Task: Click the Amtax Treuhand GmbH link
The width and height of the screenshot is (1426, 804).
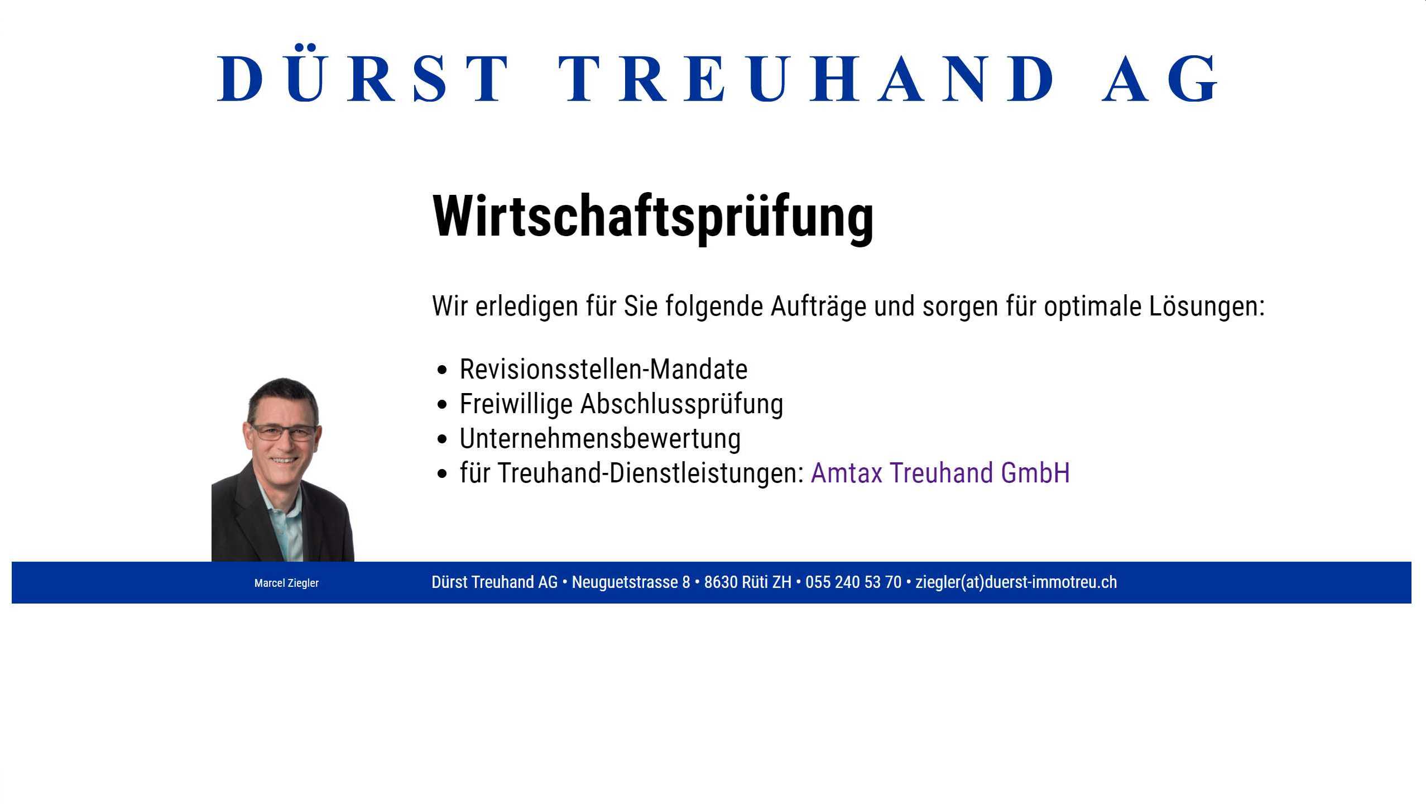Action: (x=940, y=473)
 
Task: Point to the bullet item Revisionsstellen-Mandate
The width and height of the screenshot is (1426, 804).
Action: (x=603, y=369)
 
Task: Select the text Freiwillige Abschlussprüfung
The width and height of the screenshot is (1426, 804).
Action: (x=621, y=404)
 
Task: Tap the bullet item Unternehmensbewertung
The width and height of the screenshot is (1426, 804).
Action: (x=600, y=439)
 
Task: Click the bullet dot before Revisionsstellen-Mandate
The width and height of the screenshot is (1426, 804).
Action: (x=443, y=370)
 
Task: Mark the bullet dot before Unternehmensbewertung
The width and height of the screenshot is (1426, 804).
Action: (x=443, y=439)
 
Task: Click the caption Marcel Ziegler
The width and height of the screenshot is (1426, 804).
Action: (x=286, y=583)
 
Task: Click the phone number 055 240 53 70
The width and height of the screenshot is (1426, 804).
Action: (x=853, y=582)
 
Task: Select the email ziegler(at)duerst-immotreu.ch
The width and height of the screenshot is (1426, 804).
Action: (x=1016, y=582)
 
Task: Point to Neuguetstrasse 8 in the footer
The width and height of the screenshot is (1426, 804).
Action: (x=631, y=582)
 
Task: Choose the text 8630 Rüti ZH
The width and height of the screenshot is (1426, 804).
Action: (x=748, y=582)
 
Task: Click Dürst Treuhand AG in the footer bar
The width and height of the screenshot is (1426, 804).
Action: (x=494, y=582)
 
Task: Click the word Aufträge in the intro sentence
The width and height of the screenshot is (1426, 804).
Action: (x=818, y=307)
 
